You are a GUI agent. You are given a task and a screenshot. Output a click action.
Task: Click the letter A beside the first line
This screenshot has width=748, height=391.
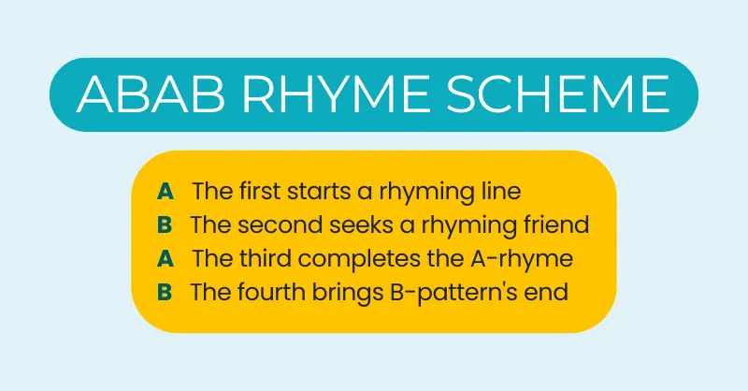(x=165, y=191)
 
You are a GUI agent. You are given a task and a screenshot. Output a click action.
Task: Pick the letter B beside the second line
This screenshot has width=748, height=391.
(x=165, y=224)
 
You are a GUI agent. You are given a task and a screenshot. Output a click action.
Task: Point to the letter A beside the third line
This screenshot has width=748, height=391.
(x=165, y=258)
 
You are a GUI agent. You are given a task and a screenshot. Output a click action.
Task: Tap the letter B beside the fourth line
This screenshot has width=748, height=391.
(x=165, y=292)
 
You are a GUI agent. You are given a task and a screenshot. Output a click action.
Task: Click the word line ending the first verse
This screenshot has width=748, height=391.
(x=501, y=191)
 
